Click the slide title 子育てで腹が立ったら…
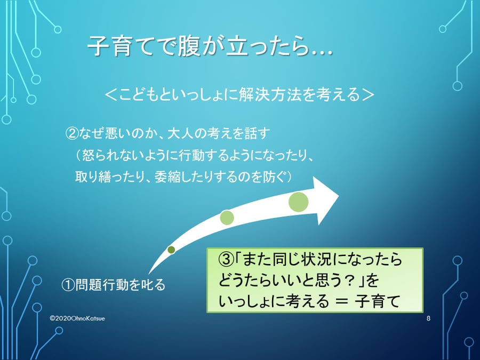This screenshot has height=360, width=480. [x=210, y=46]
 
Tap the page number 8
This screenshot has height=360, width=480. [x=428, y=318]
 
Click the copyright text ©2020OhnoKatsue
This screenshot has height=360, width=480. [x=77, y=318]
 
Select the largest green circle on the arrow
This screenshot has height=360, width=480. [x=298, y=202]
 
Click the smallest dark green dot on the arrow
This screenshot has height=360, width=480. [x=171, y=250]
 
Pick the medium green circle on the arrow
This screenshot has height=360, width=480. [x=227, y=218]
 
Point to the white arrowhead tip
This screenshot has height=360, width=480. [x=339, y=195]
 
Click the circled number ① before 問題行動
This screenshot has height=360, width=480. [x=68, y=284]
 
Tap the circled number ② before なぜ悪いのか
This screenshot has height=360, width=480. [x=71, y=133]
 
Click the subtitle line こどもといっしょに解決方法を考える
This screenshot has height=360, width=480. [x=239, y=94]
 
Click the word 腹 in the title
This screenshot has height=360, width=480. [x=190, y=46]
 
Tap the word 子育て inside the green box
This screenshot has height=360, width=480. [x=377, y=301]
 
